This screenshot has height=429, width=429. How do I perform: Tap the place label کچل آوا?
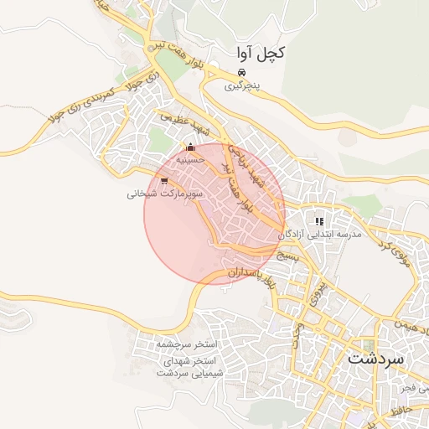(258, 54)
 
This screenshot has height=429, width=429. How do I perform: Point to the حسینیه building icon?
(189, 148)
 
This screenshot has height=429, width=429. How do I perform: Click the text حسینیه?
(190, 159)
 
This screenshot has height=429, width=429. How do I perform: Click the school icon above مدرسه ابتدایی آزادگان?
(319, 222)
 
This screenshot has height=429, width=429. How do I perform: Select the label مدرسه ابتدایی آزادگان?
(329, 235)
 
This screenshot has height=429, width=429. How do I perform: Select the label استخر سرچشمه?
(186, 344)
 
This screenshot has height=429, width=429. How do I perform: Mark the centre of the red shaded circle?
(214, 214)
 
